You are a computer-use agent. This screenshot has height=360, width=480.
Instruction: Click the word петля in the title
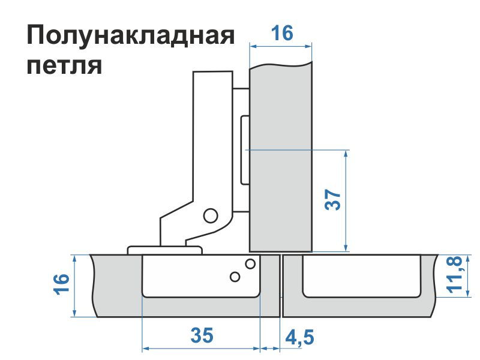click(64, 65)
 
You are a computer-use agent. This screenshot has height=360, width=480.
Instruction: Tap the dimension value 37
click(333, 200)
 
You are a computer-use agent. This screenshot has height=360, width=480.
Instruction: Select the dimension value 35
click(202, 335)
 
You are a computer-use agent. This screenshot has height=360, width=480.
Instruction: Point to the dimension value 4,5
click(299, 337)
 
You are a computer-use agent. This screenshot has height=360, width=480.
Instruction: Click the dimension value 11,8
click(454, 275)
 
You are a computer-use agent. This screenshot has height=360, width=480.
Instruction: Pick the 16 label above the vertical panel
click(282, 33)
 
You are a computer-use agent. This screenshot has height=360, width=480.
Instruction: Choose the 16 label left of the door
click(62, 284)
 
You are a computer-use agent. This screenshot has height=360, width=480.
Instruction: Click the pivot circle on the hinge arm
click(211, 215)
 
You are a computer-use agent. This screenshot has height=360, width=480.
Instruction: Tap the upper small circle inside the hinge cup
click(250, 263)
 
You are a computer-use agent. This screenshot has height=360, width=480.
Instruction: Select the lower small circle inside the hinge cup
click(235, 277)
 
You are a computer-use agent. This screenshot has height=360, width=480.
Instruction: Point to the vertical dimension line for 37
click(346, 201)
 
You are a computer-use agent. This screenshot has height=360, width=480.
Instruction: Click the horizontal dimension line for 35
click(201, 349)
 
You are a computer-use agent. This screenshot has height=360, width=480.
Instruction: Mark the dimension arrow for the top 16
click(281, 47)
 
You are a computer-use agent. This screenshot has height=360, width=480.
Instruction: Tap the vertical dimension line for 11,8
click(468, 276)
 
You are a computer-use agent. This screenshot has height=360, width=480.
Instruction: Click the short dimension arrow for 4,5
click(270, 349)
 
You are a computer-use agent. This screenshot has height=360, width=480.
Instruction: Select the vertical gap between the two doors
click(281, 286)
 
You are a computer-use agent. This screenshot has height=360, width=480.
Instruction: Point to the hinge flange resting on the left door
click(164, 250)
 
